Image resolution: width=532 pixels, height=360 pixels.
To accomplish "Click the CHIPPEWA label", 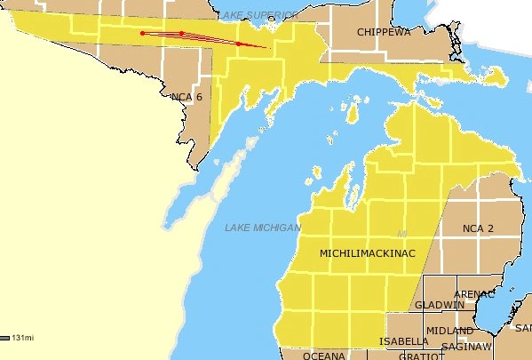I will click(384, 32).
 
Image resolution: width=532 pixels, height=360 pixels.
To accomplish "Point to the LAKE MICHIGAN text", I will click(263, 228).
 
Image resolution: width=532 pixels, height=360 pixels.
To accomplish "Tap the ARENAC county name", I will click(473, 294).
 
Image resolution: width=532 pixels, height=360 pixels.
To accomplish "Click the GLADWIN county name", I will click(439, 305).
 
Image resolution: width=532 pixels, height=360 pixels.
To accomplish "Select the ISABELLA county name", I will click(403, 341).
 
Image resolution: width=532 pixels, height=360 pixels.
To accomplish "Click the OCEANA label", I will click(323, 356).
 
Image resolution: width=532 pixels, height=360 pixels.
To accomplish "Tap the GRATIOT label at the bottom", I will click(418, 356).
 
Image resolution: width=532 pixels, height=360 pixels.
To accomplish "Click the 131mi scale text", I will click(24, 338).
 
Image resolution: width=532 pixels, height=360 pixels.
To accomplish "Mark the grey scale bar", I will click(5, 338).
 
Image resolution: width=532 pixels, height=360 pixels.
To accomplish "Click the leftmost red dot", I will click(142, 34).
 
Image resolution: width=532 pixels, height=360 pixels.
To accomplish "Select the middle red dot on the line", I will click(182, 34).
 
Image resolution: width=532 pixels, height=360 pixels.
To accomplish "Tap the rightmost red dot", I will click(238, 43).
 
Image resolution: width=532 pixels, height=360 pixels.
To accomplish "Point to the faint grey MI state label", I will click(401, 234).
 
